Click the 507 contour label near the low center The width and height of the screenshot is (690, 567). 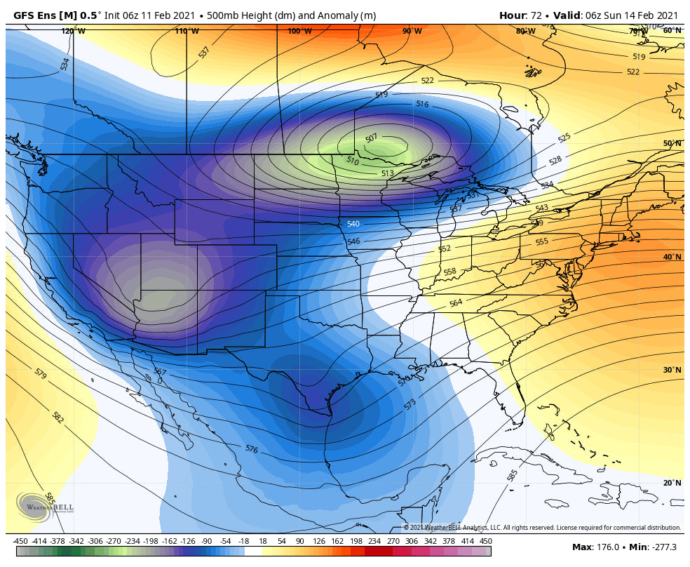click(x=372, y=138)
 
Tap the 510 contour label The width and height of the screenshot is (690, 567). click(x=352, y=161)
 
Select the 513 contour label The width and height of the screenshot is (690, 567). click(x=387, y=173)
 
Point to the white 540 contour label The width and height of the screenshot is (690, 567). click(x=353, y=225)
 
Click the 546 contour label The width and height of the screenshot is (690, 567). click(x=353, y=241)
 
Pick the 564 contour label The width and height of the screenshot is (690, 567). click(x=456, y=303)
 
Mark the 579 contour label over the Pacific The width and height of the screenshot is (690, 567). click(x=40, y=374)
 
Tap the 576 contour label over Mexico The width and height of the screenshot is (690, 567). click(x=251, y=448)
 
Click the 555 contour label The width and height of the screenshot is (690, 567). click(x=541, y=242)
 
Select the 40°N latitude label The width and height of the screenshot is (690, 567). click(x=672, y=257)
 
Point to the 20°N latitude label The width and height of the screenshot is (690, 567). click(x=672, y=483)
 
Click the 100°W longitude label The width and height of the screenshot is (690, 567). click(x=299, y=31)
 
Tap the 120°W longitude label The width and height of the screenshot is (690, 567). click(x=73, y=31)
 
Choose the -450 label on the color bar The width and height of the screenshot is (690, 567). click(x=20, y=541)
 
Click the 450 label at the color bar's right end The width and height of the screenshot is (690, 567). click(x=485, y=541)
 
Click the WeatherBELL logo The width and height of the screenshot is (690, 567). click(x=43, y=506)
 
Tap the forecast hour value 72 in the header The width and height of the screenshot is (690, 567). click(x=536, y=15)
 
